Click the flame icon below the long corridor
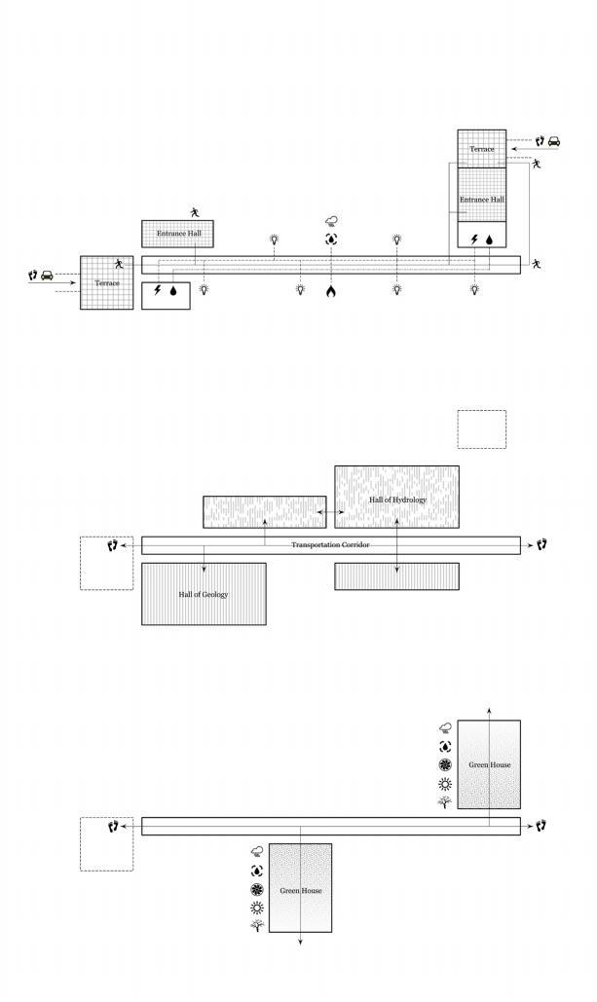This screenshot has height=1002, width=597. pos(331,290)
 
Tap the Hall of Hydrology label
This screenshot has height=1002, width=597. pos(397,500)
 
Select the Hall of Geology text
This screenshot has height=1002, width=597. pos(204,594)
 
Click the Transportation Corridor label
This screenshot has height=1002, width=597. pos(331,544)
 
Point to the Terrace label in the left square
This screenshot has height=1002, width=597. pos(107,282)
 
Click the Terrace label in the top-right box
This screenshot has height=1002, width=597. pos(482,149)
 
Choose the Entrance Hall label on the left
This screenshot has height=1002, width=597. pos(179,234)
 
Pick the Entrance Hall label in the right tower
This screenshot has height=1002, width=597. pos(482,200)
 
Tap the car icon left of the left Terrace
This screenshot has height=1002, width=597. pos(47,276)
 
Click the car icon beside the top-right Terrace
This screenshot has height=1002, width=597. pos(554,141)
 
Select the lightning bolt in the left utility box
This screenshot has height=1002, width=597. pos(158,290)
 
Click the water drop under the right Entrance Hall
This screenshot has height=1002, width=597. pos(490,238)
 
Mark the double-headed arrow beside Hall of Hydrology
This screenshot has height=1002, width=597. pos(330,511)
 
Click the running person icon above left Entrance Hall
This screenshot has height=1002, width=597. pos(195,211)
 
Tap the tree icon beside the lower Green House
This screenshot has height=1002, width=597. pos(257,926)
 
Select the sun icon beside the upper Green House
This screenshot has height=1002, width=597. pos(446,784)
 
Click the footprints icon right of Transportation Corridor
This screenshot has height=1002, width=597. pos(541,544)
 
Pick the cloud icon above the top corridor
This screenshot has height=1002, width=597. pos(331,222)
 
